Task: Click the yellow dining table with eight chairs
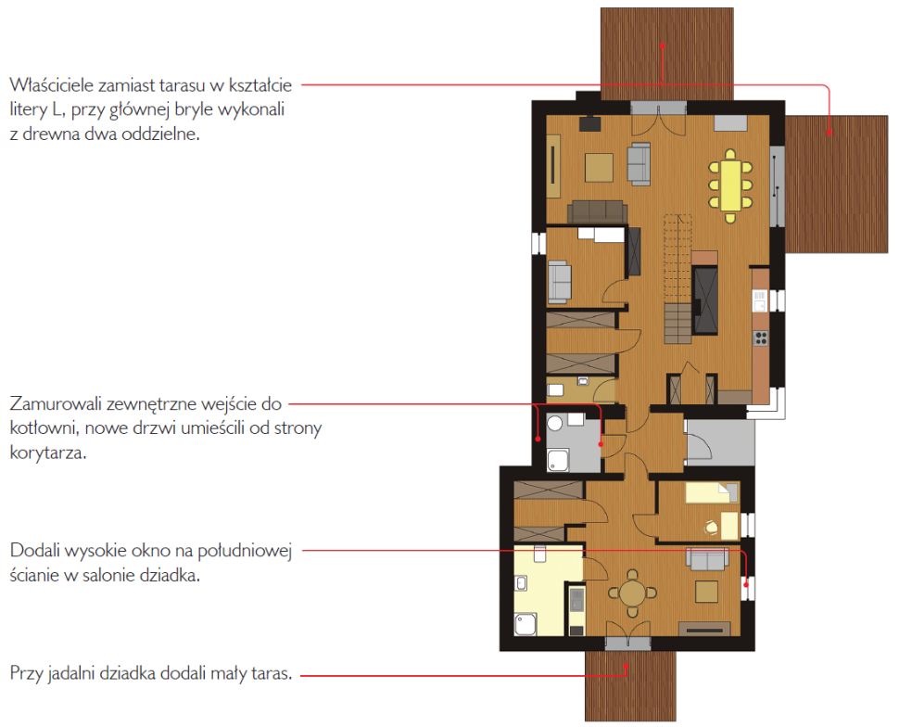click(730, 185)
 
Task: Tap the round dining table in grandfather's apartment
click(632, 593)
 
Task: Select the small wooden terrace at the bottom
click(630, 685)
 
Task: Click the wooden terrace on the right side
click(836, 184)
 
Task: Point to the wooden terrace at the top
click(666, 55)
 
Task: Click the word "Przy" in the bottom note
click(26, 673)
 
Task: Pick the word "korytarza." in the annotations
click(48, 453)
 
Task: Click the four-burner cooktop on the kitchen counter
click(760, 338)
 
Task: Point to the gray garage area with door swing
click(720, 442)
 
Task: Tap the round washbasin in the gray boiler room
click(554, 424)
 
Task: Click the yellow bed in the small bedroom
click(712, 492)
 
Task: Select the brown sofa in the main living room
click(597, 211)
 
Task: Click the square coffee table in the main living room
click(599, 168)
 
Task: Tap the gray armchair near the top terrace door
click(639, 164)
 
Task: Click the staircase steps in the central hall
click(677, 279)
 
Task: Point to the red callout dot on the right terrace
click(829, 133)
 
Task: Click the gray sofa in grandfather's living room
click(707, 559)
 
